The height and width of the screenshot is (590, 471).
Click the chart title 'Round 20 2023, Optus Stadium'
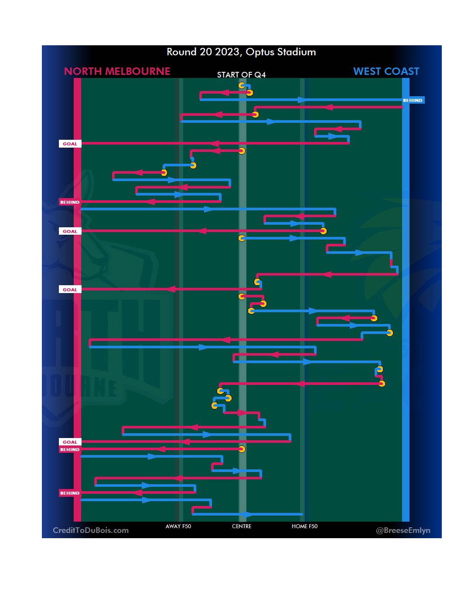(241, 52)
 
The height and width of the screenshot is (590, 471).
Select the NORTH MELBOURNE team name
(117, 71)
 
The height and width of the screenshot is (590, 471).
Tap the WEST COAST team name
(386, 71)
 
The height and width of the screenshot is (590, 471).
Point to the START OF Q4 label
(241, 75)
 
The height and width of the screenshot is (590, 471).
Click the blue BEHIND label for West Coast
(413, 100)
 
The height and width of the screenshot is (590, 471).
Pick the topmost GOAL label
(70, 144)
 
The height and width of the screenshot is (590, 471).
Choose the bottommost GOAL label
(70, 442)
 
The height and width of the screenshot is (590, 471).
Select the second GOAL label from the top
(70, 231)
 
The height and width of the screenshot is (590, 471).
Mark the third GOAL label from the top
(70, 290)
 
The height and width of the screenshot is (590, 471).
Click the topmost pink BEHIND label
(70, 202)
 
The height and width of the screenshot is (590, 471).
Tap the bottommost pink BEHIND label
(70, 493)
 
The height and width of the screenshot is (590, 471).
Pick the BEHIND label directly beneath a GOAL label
(70, 449)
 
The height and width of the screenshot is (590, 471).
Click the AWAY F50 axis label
(178, 526)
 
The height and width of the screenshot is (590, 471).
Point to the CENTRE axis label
(242, 526)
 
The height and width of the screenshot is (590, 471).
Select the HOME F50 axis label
(304, 526)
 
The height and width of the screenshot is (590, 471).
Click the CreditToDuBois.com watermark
(91, 530)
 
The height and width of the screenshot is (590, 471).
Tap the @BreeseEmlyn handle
(403, 530)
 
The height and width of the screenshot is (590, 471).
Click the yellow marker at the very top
(242, 85)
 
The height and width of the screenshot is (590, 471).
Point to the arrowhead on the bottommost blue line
(248, 514)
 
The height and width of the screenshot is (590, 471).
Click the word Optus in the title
(260, 52)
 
